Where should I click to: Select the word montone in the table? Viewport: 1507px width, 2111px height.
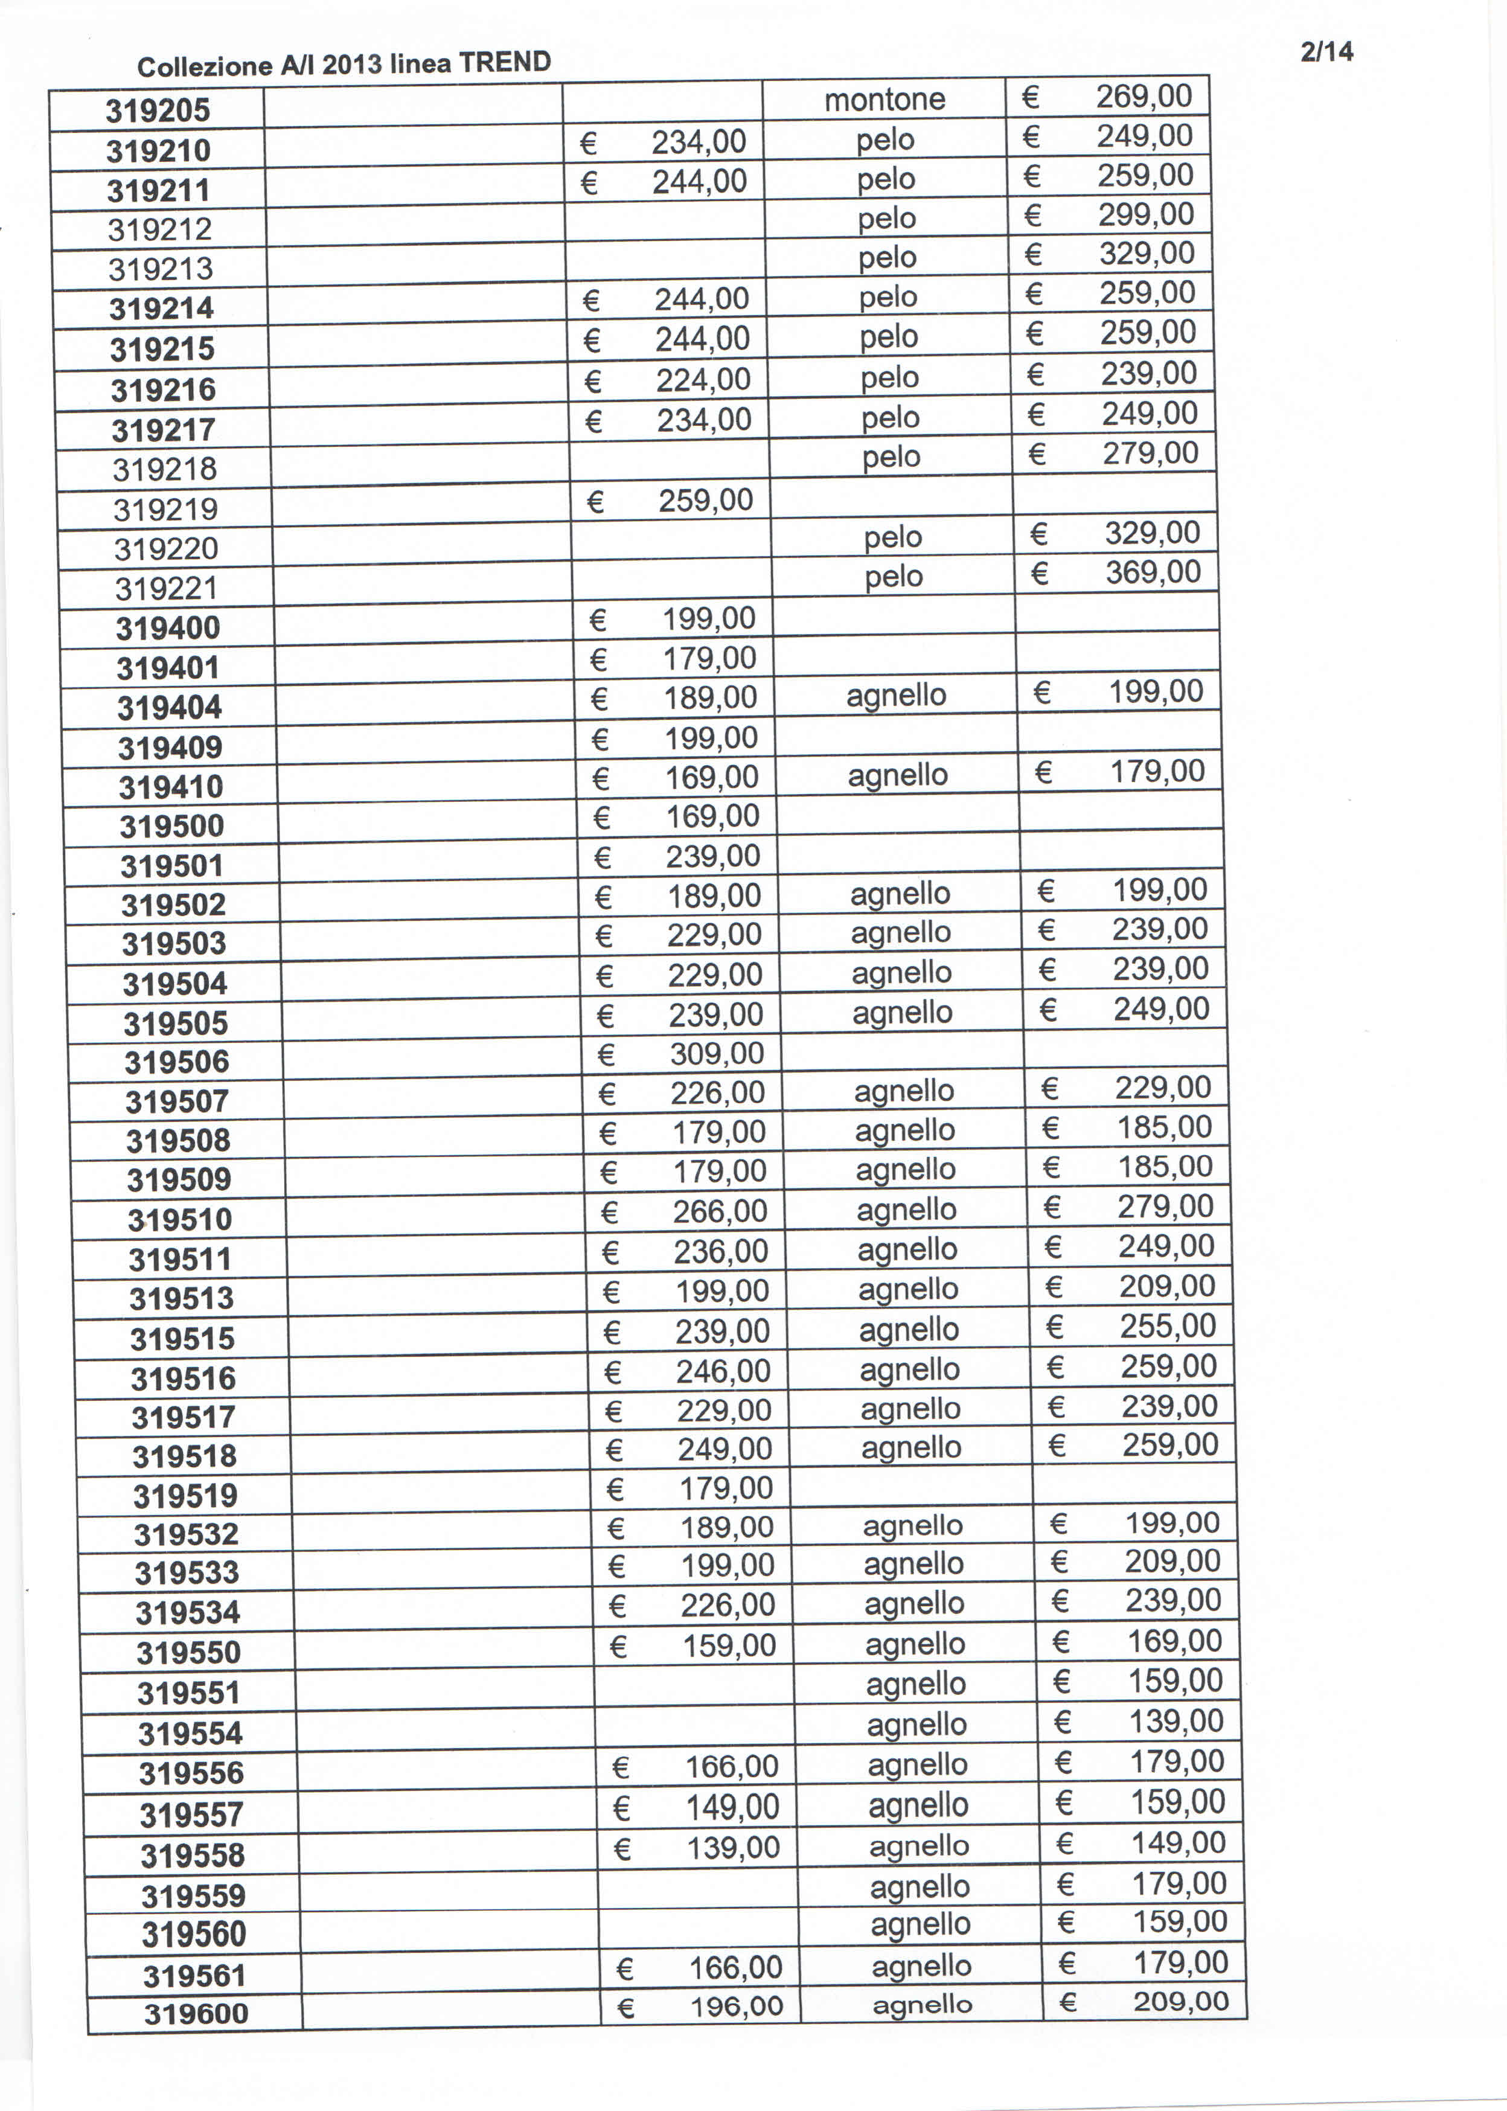pyautogui.click(x=885, y=99)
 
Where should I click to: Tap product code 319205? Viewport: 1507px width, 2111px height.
pyautogui.click(x=158, y=111)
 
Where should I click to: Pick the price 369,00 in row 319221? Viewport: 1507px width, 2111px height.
pyautogui.click(x=1153, y=572)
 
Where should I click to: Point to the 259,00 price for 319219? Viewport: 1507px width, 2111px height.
pyautogui.click(x=705, y=500)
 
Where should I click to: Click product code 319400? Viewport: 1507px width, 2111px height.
pyautogui.click(x=168, y=628)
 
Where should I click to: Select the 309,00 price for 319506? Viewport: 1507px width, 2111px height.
pyautogui.click(x=717, y=1053)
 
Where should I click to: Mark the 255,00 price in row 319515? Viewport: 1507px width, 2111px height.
pyautogui.click(x=1167, y=1326)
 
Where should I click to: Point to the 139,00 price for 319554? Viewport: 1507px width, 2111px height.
pyautogui.click(x=1176, y=1722)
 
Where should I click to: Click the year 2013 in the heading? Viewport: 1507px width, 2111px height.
pyautogui.click(x=352, y=64)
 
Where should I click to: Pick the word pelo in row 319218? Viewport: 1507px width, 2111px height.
pyautogui.click(x=891, y=456)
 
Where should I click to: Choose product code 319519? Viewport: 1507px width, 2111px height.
pyautogui.click(x=185, y=1496)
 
